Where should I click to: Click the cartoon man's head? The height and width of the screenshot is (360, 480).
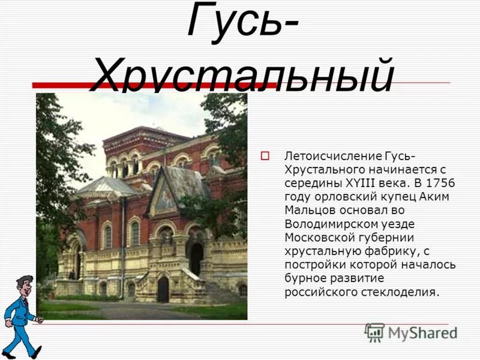[x=24, y=284]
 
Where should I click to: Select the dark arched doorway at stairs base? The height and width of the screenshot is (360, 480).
[x=163, y=289]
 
